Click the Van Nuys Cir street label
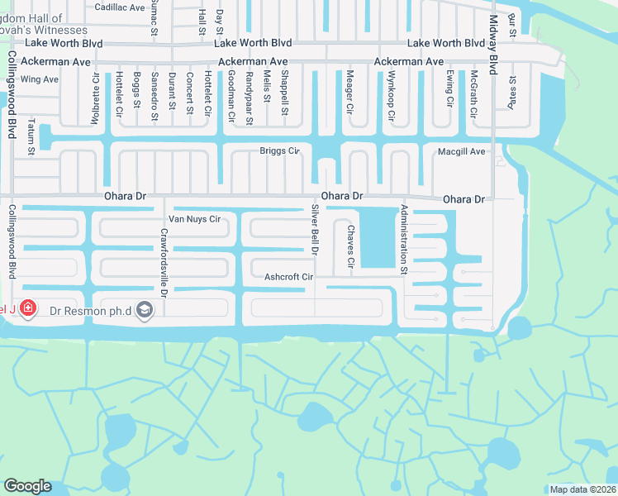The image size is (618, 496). [194, 220]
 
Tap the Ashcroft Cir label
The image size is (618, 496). [289, 277]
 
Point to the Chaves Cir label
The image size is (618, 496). [351, 246]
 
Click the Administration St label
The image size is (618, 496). [404, 240]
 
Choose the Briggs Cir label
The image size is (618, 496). [279, 151]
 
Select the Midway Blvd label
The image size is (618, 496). [493, 45]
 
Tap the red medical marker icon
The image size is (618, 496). [28, 309]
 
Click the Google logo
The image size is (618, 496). [26, 486]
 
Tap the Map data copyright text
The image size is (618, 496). [582, 489]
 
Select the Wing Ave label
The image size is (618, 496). [40, 79]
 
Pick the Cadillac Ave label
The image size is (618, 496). [120, 7]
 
